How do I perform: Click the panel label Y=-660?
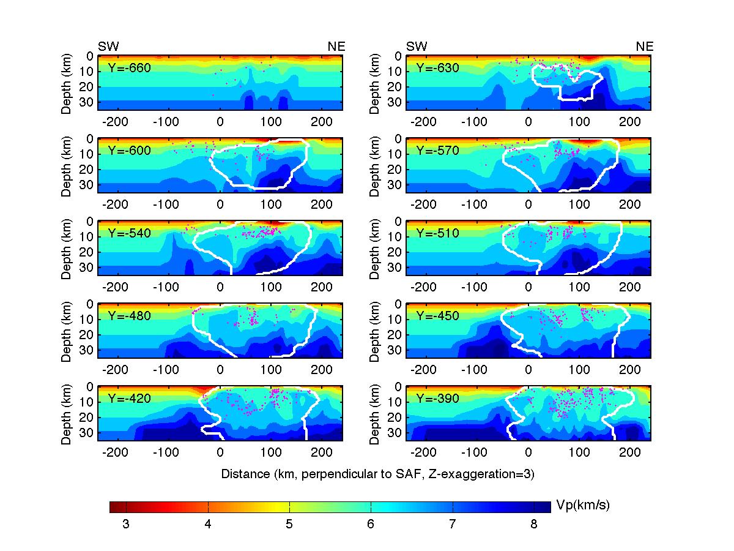click(x=130, y=68)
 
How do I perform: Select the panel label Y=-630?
click(x=438, y=68)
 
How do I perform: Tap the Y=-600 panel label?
click(x=130, y=151)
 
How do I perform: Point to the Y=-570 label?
click(x=438, y=151)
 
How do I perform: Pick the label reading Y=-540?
click(x=130, y=233)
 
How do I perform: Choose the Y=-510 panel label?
click(x=438, y=233)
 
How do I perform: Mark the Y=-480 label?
click(x=130, y=316)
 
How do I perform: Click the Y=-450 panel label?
click(x=438, y=316)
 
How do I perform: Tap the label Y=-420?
click(x=130, y=399)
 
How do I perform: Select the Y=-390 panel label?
click(x=438, y=399)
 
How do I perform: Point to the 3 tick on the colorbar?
click(x=126, y=524)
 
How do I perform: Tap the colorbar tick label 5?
click(x=289, y=524)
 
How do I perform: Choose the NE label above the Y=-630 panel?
click(x=645, y=47)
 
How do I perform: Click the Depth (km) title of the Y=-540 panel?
click(x=68, y=248)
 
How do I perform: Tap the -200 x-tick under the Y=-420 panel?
click(x=114, y=454)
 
